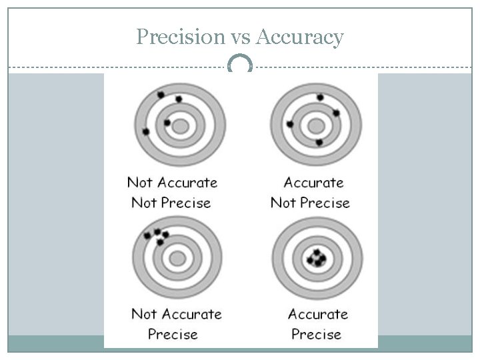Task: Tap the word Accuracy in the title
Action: pyautogui.click(x=300, y=37)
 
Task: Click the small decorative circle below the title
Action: pyautogui.click(x=240, y=65)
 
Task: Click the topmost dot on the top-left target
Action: pyautogui.click(x=161, y=95)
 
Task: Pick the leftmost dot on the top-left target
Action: pyautogui.click(x=146, y=131)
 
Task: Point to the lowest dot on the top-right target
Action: pyautogui.click(x=319, y=143)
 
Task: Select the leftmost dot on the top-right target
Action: pyautogui.click(x=290, y=124)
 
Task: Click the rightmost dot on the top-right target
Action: pyautogui.click(x=336, y=113)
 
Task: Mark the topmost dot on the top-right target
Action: pyautogui.click(x=320, y=97)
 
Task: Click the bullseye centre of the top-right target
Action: pyautogui.click(x=316, y=125)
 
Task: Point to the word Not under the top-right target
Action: pyautogui.click(x=284, y=203)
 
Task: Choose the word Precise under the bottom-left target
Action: pyautogui.click(x=173, y=333)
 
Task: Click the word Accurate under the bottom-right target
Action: pyautogui.click(x=318, y=313)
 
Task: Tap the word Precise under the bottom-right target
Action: pyautogui.click(x=316, y=333)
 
